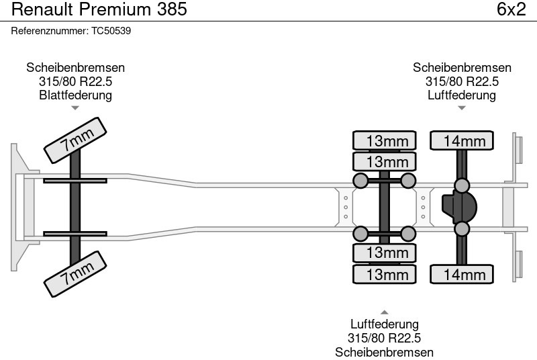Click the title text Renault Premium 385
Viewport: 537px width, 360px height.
[99, 9]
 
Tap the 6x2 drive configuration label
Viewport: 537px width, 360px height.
[511, 9]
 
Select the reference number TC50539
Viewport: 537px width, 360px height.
[111, 31]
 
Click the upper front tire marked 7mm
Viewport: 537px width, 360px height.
[75, 140]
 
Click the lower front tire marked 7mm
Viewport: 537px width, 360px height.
[75, 274]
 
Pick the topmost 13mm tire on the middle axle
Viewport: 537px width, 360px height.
[384, 140]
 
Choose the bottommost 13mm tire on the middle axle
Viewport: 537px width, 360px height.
[384, 274]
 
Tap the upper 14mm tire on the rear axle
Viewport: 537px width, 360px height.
[462, 140]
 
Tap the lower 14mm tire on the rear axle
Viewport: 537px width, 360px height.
[462, 274]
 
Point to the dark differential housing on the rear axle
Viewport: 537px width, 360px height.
[460, 207]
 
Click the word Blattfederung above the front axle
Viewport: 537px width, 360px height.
[75, 95]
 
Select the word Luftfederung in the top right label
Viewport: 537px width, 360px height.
[462, 95]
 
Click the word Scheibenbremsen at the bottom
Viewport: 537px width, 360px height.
[384, 352]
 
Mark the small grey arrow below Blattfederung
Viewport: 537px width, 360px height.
[75, 108]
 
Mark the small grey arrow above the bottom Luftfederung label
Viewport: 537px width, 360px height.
[384, 312]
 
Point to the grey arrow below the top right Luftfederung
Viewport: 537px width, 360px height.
[462, 108]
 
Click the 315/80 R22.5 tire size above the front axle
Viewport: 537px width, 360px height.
[75, 81]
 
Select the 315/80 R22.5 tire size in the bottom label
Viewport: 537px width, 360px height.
[384, 338]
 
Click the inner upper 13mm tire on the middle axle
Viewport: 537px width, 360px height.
[384, 161]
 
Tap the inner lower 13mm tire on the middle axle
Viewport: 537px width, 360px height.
[384, 253]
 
